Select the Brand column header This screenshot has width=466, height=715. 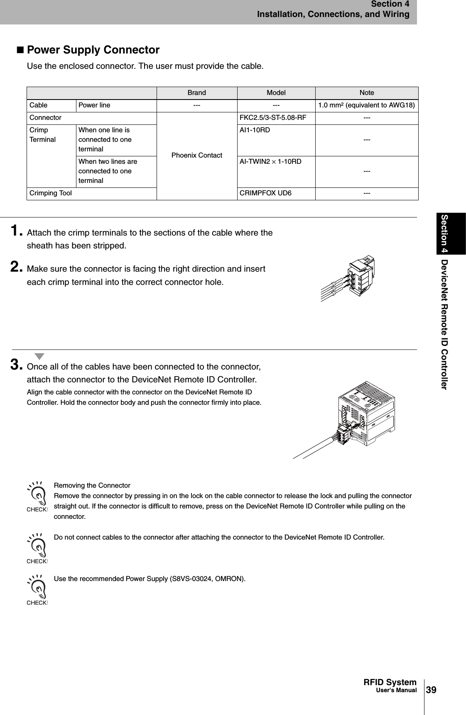(196, 93)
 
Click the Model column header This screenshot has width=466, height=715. (276, 93)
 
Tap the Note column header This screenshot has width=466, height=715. (366, 93)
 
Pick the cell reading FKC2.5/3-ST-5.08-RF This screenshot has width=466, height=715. (273, 118)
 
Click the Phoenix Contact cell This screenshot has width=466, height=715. (196, 155)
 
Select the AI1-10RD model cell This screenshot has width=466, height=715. (255, 130)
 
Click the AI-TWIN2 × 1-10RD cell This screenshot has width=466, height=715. (270, 161)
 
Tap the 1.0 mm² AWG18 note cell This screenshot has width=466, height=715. (366, 105)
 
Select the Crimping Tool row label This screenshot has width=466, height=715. (50, 193)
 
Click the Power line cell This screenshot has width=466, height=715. (94, 105)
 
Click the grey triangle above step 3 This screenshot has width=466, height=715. (39, 356)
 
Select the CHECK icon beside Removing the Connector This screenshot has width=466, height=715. (37, 497)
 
